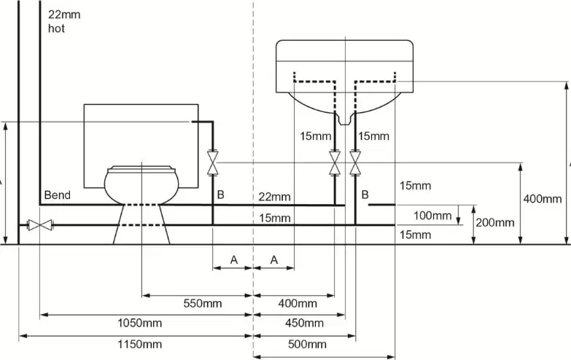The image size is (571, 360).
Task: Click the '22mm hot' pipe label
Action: coord(64,21)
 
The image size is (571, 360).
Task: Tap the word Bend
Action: coord(57,195)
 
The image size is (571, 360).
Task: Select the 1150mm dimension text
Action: coord(139,344)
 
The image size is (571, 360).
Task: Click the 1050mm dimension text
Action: coord(139,323)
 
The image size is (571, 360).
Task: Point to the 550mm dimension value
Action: coord(203,303)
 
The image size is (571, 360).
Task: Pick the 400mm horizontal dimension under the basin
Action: coord(298,303)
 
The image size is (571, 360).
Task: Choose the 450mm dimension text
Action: coord(304,323)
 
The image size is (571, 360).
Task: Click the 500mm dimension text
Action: coord(307,344)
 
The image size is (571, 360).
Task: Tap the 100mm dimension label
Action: coord(432,216)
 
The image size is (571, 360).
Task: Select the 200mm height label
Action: coord(495,222)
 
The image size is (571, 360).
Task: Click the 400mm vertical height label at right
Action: coord(543,199)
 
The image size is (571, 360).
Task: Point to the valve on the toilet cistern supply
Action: coord(213,163)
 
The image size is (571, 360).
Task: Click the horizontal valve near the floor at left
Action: coord(40,225)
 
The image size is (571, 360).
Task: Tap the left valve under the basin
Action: coord(335,163)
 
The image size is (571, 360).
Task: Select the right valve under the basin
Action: coord(355,163)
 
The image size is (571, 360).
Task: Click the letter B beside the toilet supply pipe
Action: coord(220,195)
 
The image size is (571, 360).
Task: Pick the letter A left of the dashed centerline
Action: coord(234,260)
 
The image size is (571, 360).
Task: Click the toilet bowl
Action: coord(141,185)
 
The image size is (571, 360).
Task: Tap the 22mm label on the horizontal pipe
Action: coord(275,197)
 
